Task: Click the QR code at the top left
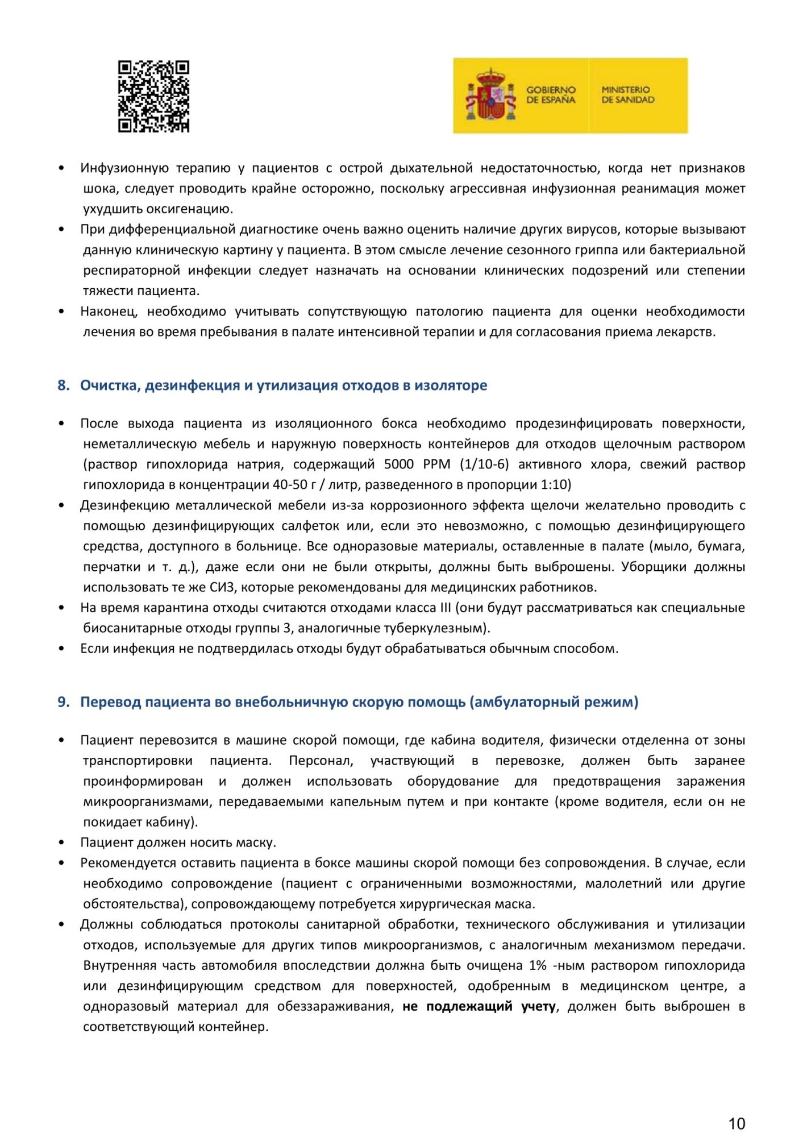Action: click(153, 97)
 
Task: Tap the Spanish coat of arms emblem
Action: click(490, 95)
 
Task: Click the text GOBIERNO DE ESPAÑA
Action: click(551, 95)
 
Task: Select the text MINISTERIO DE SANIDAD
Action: click(627, 95)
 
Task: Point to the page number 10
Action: click(737, 1124)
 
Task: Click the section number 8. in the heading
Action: click(63, 385)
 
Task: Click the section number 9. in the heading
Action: click(63, 702)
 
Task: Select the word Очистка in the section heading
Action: click(110, 385)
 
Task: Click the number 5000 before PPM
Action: click(399, 464)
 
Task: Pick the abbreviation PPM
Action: click(436, 464)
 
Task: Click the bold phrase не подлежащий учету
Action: click(479, 1007)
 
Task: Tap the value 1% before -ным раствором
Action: click(538, 966)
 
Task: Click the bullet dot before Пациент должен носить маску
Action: click(61, 843)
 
